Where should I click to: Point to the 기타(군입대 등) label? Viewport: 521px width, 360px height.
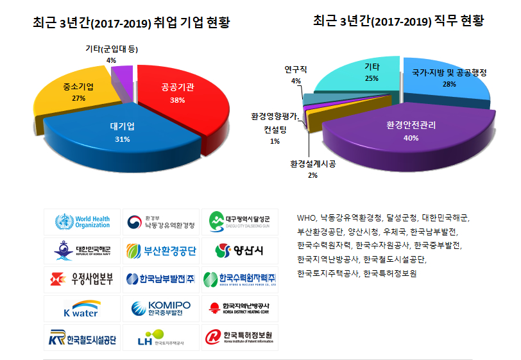pos(111,49)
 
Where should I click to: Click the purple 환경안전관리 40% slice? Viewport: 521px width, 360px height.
pos(411,128)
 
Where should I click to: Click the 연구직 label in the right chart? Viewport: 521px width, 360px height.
pos(295,70)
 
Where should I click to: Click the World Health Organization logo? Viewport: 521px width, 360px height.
pos(81,222)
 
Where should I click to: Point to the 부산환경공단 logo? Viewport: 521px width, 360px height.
pos(160,250)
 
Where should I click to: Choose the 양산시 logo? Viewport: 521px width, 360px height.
pos(239,250)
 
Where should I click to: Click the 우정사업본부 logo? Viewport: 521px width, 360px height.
pos(81,279)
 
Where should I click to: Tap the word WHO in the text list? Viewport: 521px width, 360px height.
pos(307,218)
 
